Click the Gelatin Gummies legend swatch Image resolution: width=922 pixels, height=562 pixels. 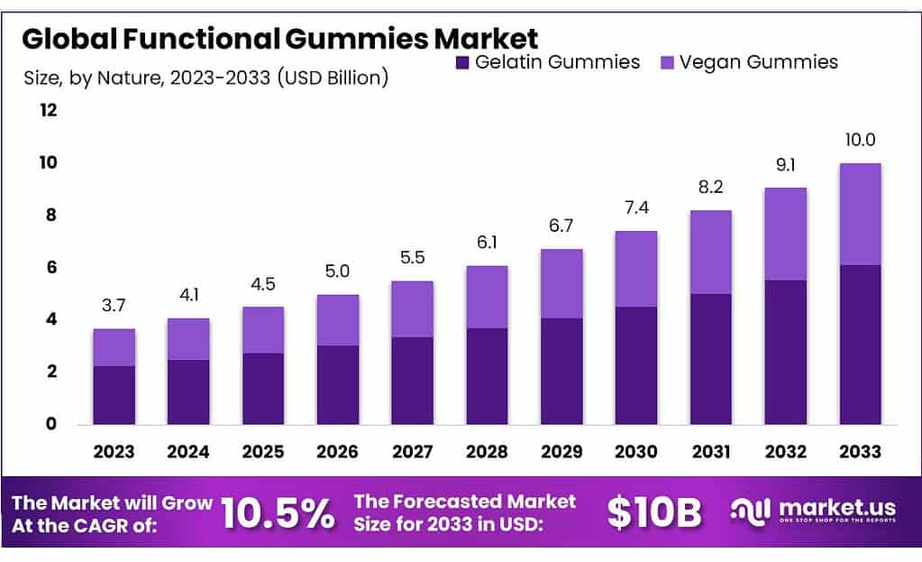coord(462,62)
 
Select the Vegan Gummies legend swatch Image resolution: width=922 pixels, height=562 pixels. coord(667,62)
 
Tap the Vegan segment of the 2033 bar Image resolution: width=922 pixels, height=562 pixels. coord(860,214)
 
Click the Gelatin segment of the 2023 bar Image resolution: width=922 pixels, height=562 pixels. coord(114,394)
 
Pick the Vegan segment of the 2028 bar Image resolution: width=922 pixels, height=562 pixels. coord(488,297)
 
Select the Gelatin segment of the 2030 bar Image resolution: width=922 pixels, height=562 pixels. coord(636,364)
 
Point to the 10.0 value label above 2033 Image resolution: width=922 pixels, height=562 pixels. coord(860,140)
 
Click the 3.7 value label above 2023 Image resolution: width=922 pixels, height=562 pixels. coord(114,307)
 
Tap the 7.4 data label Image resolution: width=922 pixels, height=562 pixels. coord(636,208)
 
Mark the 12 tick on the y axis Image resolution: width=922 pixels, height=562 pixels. coord(48,110)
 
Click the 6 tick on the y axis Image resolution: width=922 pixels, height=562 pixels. coord(51,267)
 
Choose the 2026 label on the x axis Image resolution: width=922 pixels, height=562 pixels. coord(338,451)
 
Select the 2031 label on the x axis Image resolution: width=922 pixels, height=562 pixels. coord(711,451)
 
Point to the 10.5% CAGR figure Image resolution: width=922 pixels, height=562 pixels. coord(277,513)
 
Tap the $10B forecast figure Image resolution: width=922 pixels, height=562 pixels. coord(653,513)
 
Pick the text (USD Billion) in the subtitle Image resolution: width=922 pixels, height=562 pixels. coord(333,78)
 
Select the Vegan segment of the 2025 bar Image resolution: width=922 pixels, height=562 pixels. coord(263,329)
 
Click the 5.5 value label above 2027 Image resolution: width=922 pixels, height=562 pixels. coord(413,258)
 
